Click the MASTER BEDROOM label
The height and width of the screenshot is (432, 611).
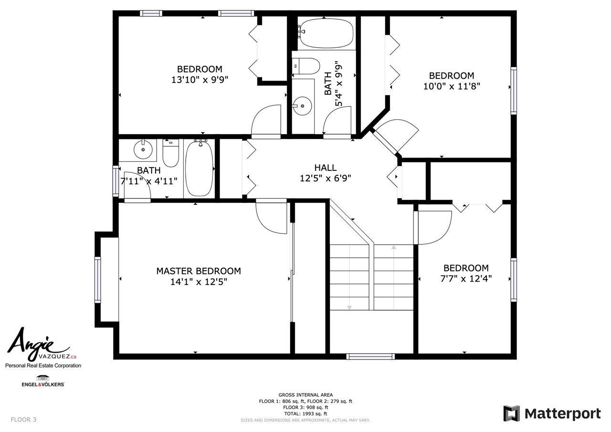pyautogui.click(x=199, y=271)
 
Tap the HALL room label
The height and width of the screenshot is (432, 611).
pyautogui.click(x=326, y=168)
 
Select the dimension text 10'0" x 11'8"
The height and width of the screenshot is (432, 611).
pyautogui.click(x=452, y=86)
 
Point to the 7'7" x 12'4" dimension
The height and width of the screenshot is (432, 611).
pyautogui.click(x=466, y=278)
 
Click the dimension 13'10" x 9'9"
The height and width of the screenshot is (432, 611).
pyautogui.click(x=200, y=80)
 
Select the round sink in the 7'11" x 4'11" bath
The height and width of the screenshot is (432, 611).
pyautogui.click(x=143, y=149)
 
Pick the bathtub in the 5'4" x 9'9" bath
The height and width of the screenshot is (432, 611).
pyautogui.click(x=326, y=34)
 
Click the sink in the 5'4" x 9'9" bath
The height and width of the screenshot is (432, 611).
pyautogui.click(x=302, y=106)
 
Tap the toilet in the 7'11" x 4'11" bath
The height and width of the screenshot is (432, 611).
pyautogui.click(x=171, y=153)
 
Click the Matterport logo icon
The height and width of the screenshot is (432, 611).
pyautogui.click(x=511, y=413)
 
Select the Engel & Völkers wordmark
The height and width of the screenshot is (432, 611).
pyautogui.click(x=43, y=384)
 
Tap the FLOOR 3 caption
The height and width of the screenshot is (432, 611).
pyautogui.click(x=23, y=420)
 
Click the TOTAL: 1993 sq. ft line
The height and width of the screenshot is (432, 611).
pyautogui.click(x=305, y=413)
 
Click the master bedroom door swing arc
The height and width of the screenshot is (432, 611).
pyautogui.click(x=265, y=223)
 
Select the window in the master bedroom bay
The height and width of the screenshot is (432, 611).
pyautogui.click(x=97, y=280)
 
